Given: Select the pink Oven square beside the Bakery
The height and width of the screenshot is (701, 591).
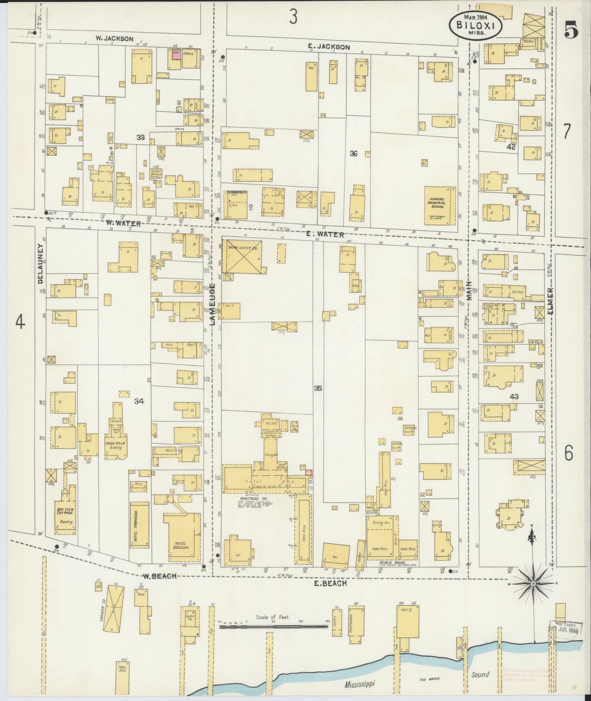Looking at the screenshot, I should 176,55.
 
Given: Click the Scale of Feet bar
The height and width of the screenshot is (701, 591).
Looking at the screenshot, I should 274,626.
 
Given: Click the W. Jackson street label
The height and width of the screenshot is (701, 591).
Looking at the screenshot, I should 115,39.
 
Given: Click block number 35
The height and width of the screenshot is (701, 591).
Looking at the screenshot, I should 318,389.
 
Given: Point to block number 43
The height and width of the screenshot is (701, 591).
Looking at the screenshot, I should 514,396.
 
